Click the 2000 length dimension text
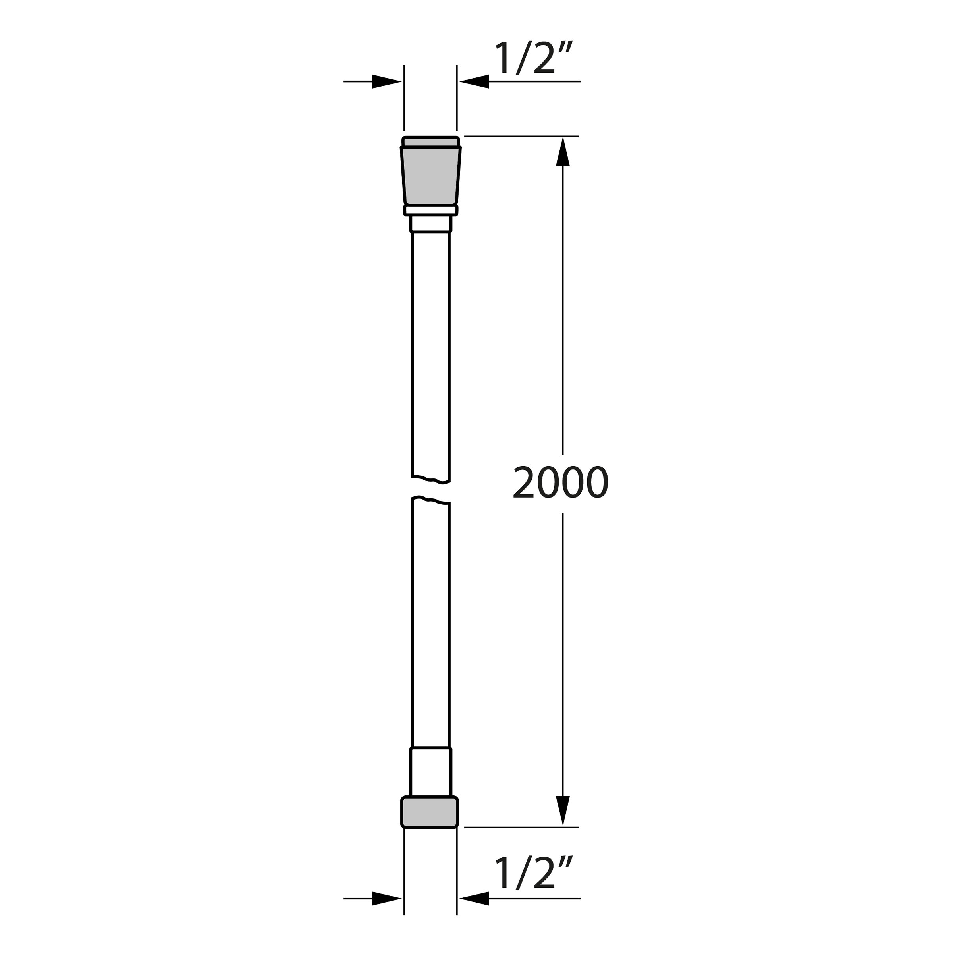(560, 483)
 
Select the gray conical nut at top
(430, 176)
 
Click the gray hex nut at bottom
(430, 812)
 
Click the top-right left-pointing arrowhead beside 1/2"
(475, 81)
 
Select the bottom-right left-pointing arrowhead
(475, 899)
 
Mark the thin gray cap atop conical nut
(430, 142)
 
